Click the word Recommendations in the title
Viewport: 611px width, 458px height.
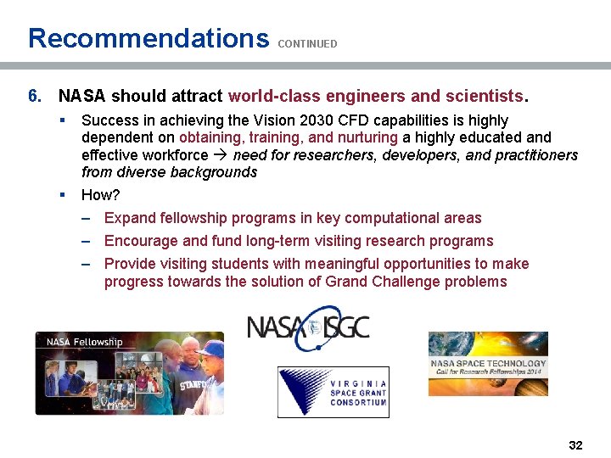pos(148,38)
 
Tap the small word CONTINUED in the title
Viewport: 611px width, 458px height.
pos(307,43)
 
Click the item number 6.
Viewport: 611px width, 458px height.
pos(35,96)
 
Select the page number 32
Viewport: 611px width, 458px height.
pos(575,445)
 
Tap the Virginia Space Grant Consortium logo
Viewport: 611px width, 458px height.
pos(334,392)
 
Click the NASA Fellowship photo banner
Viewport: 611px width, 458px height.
pos(129,373)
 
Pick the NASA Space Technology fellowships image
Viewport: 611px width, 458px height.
pos(488,364)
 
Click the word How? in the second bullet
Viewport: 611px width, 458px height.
pos(101,195)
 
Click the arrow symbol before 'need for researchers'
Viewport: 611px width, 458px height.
pos(221,155)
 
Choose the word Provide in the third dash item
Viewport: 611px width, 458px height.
pos(129,264)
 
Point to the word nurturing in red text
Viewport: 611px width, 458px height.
pos(367,137)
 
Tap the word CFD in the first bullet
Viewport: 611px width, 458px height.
pos(321,120)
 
